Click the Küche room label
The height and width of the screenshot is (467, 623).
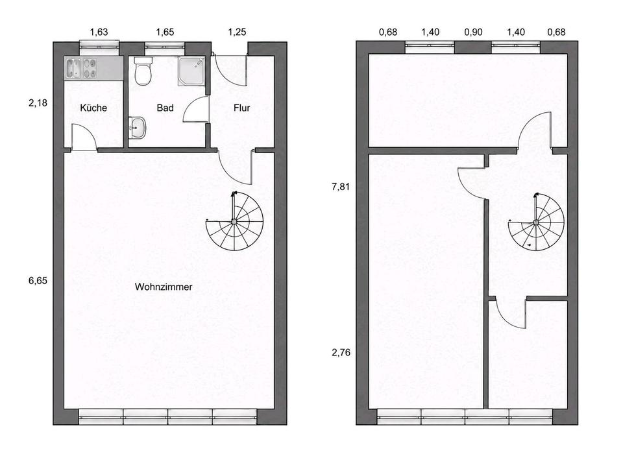(x=93, y=108)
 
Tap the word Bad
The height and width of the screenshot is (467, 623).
(x=165, y=108)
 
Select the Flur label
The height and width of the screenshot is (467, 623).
(x=241, y=108)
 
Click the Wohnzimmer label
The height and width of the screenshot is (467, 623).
(x=164, y=287)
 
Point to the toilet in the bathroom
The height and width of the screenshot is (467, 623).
(x=143, y=71)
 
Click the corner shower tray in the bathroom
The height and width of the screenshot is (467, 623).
(x=192, y=71)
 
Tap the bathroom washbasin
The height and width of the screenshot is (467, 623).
(x=138, y=128)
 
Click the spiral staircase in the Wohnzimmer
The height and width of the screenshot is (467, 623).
(x=234, y=221)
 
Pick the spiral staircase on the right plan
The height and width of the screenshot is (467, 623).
(x=536, y=222)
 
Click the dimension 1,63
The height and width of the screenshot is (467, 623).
(x=99, y=32)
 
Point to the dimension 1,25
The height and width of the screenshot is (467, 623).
(x=238, y=32)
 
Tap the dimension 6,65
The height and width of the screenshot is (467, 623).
(x=38, y=281)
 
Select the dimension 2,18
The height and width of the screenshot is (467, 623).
(x=38, y=103)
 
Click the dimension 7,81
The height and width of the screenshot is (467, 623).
(x=341, y=186)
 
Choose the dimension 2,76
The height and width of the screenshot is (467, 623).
(x=341, y=352)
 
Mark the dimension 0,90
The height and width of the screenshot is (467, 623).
(x=473, y=32)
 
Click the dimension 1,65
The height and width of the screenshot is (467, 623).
(x=165, y=32)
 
